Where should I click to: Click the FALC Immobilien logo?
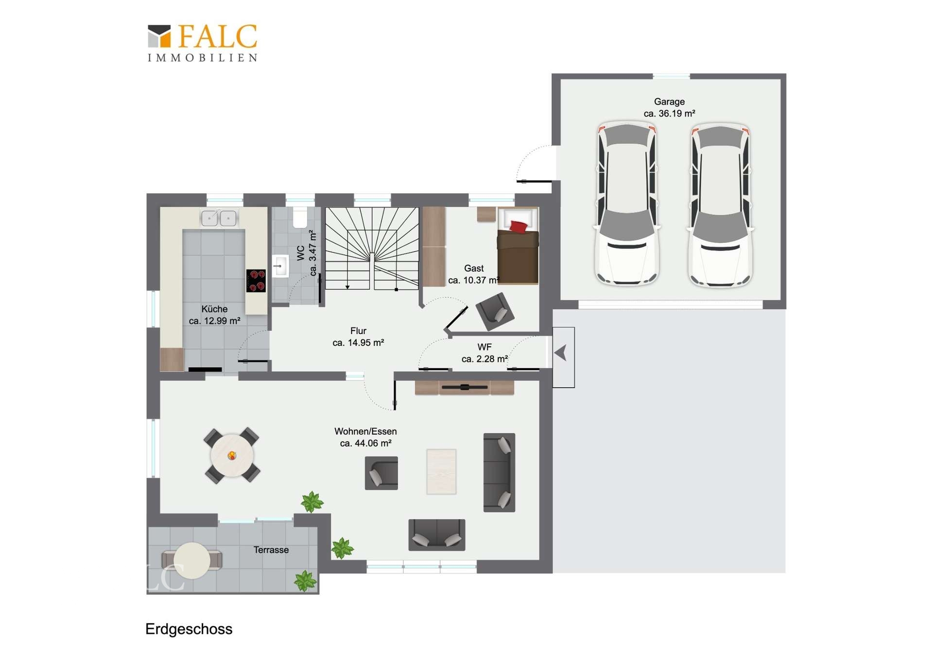pyautogui.click(x=202, y=43)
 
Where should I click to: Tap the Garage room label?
pyautogui.click(x=669, y=102)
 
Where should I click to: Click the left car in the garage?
pyautogui.click(x=627, y=203)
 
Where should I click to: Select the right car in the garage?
pyautogui.click(x=720, y=204)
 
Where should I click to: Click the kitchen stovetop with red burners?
pyautogui.click(x=256, y=281)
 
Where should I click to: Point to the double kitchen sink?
pyautogui.click(x=219, y=217)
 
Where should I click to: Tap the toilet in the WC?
pyautogui.click(x=300, y=218)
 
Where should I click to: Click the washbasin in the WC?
pyautogui.click(x=280, y=266)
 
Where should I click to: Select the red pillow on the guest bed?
pyautogui.click(x=518, y=226)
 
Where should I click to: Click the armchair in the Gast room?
pyautogui.click(x=495, y=311)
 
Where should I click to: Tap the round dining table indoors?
pyautogui.click(x=232, y=456)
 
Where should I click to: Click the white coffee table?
pyautogui.click(x=441, y=471)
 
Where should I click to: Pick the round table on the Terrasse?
pyautogui.click(x=192, y=560)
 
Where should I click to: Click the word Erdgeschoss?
pyautogui.click(x=189, y=629)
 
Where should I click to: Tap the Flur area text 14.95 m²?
pyautogui.click(x=358, y=342)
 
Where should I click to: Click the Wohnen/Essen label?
pyautogui.click(x=365, y=431)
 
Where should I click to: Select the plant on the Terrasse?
pyautogui.click(x=305, y=581)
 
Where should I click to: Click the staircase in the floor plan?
pyautogui.click(x=372, y=249)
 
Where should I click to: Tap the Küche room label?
pyautogui.click(x=214, y=309)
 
